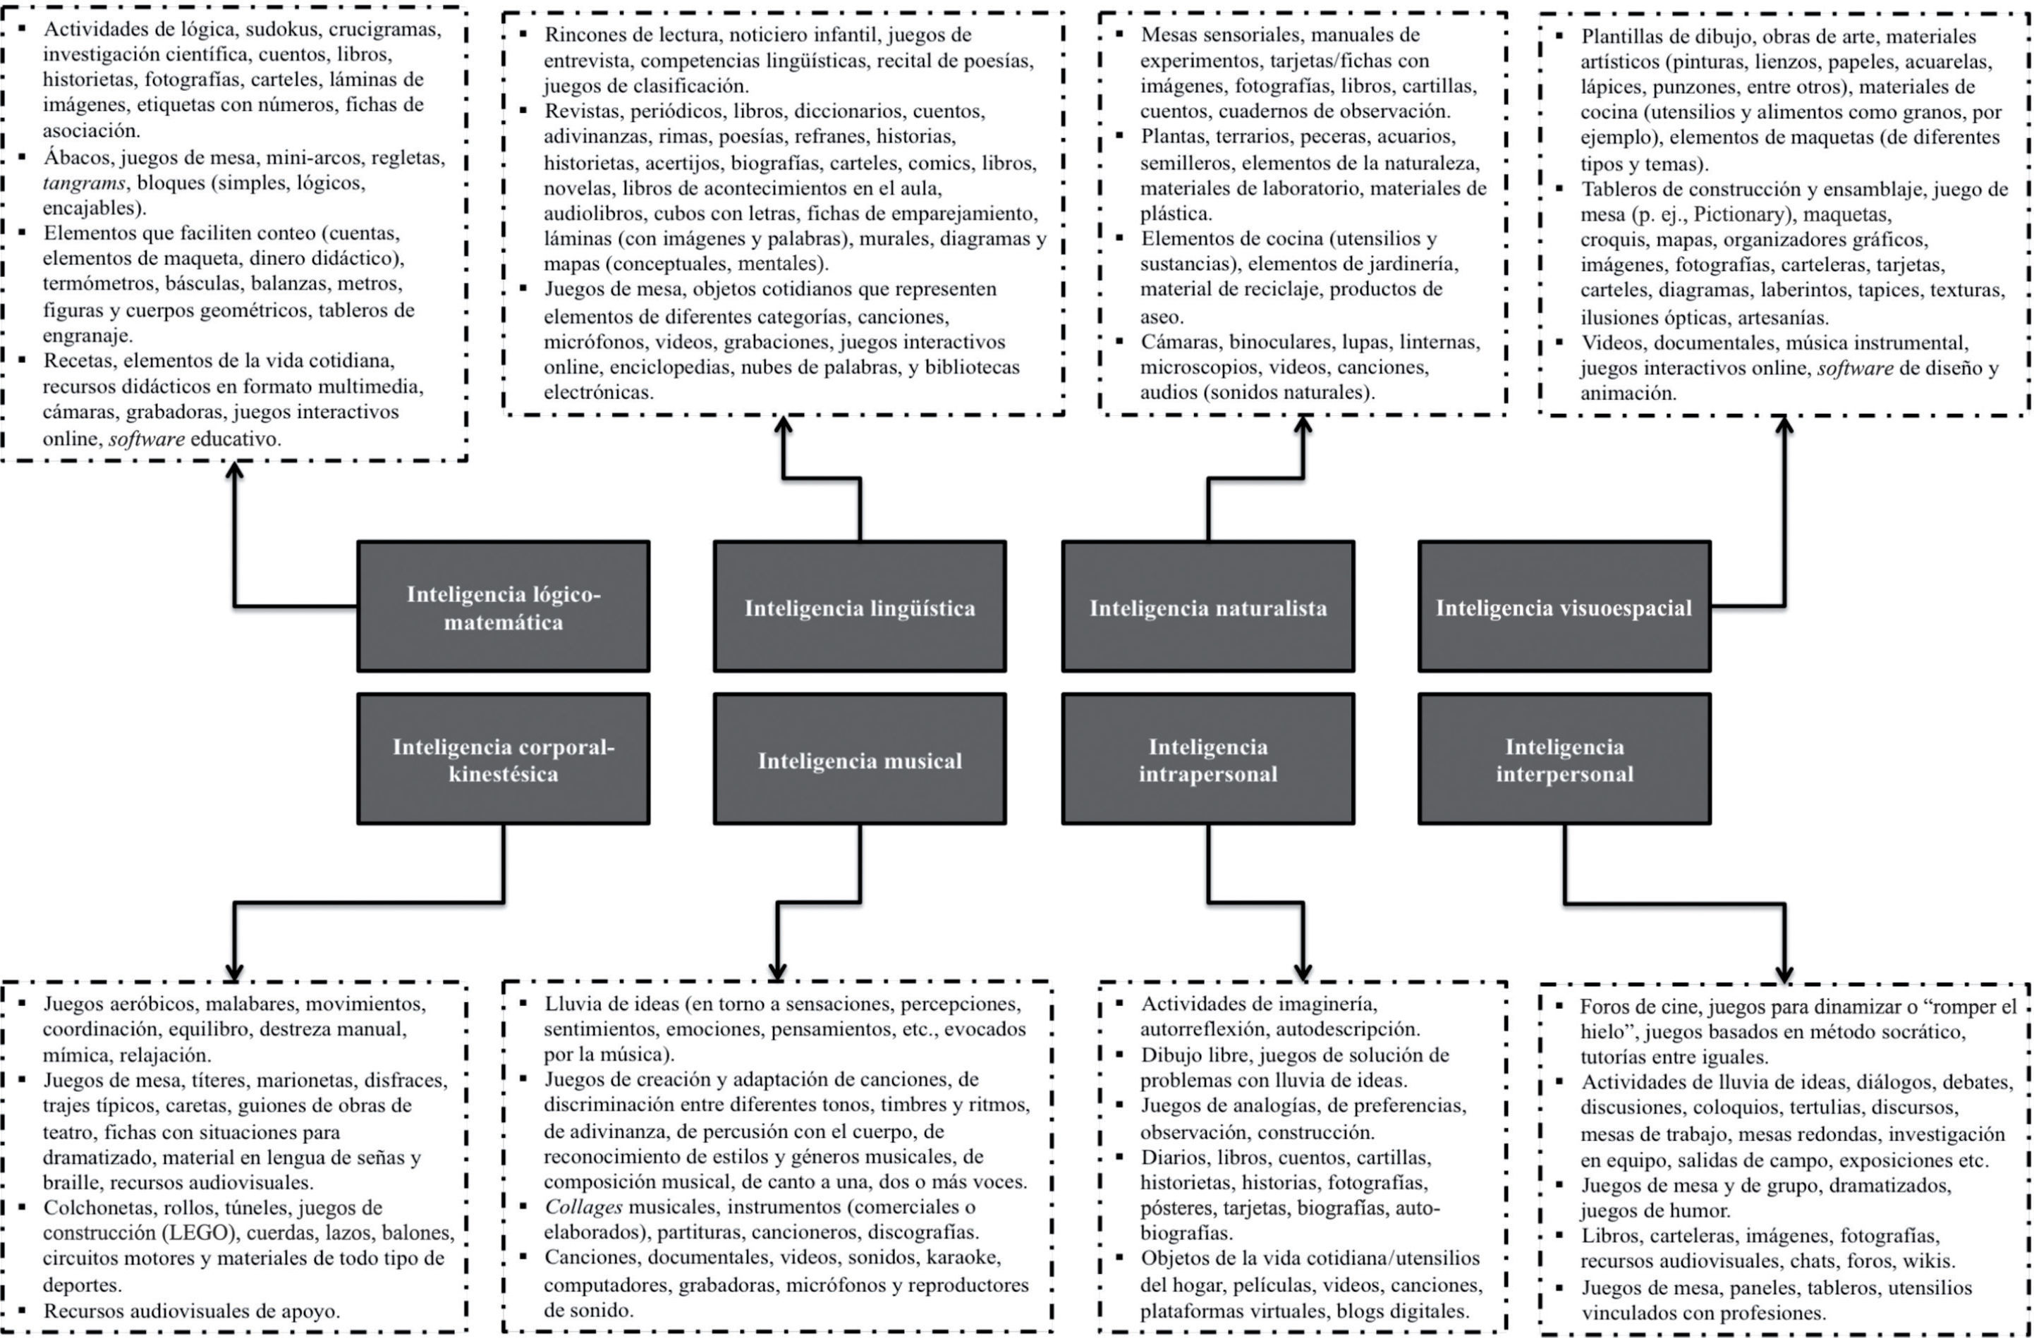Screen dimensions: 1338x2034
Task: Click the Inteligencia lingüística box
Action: (859, 607)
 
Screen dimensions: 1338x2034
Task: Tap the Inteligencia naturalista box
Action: (1207, 607)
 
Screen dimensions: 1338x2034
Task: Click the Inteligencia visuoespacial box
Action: (1564, 607)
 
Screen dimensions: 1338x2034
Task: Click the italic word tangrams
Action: (84, 183)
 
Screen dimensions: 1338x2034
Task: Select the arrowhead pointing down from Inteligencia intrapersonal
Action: (1303, 972)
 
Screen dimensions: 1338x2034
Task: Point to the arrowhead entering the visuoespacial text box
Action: (1784, 424)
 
